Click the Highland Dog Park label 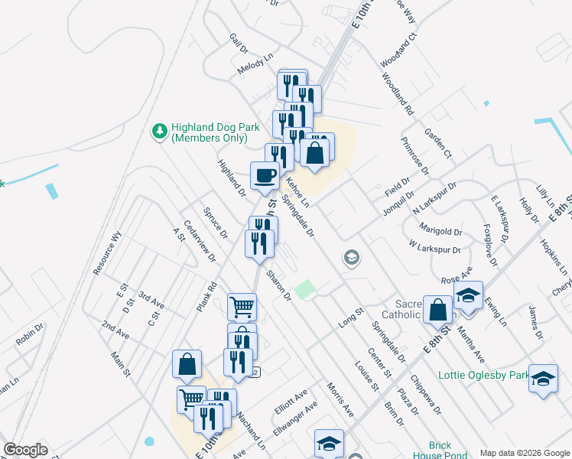(x=209, y=133)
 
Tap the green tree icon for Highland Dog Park (x=160, y=132)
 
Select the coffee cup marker (x=265, y=176)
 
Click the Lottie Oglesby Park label (x=483, y=376)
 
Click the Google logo (x=25, y=450)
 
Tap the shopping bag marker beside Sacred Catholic (x=438, y=311)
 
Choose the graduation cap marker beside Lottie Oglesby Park (x=543, y=379)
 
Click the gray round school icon (x=352, y=257)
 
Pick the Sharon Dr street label (x=279, y=284)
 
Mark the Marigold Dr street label (x=441, y=229)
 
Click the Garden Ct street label (x=439, y=143)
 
